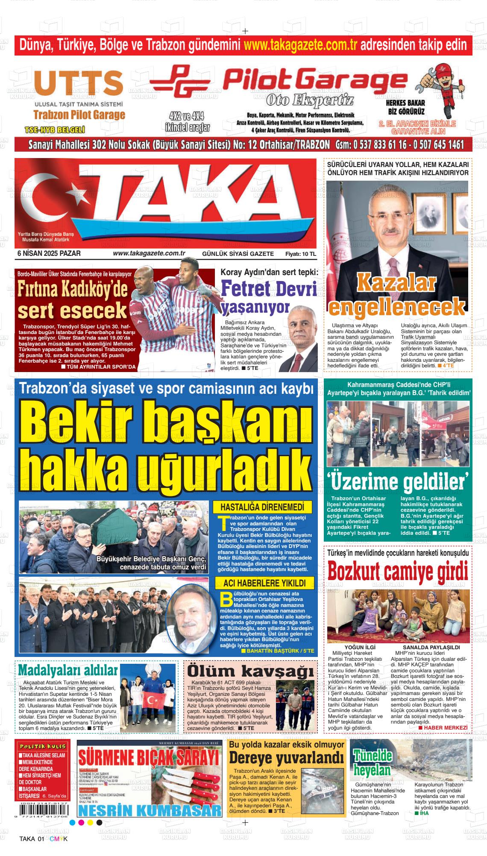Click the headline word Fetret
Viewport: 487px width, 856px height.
tap(245, 290)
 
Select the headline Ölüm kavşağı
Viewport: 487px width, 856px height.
tap(250, 671)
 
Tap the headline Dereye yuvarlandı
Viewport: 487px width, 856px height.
tap(286, 758)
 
